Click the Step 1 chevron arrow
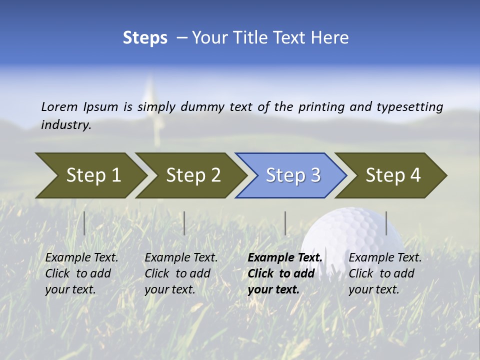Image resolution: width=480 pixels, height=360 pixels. coord(93,175)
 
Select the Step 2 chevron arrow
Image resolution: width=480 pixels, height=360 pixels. coord(193,175)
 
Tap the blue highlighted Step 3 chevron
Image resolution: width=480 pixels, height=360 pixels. coord(293,175)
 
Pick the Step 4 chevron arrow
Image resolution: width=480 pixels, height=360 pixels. coord(393,175)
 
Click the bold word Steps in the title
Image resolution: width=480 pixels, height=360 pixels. coord(145,38)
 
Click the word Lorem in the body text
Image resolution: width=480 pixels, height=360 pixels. coord(59,106)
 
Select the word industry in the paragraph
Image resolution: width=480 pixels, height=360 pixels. coord(65,125)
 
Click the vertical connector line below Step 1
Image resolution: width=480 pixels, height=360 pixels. coord(84,223)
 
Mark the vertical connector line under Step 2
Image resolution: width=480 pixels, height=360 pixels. coord(184,223)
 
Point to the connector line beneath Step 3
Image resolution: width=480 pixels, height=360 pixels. coord(285,223)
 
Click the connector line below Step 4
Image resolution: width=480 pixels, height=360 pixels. coord(386,223)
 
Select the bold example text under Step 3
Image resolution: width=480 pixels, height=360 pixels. coord(284,273)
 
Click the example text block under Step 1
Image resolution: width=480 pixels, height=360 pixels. coord(81,273)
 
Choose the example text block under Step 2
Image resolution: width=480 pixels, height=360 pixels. coord(181,273)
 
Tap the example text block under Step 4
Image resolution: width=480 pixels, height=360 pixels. coord(385,273)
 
